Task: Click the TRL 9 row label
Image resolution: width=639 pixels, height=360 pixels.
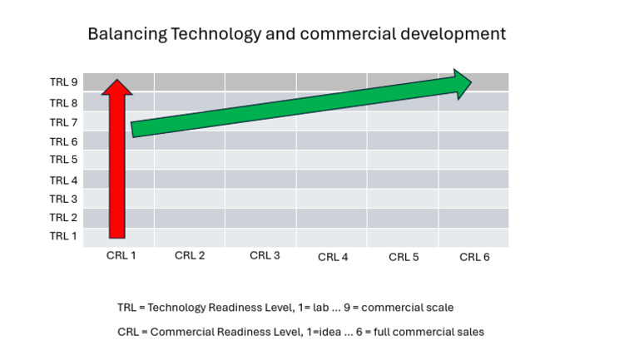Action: (x=63, y=82)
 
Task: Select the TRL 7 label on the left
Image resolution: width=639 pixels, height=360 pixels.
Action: (x=63, y=122)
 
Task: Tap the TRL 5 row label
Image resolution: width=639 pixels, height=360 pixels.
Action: (x=63, y=160)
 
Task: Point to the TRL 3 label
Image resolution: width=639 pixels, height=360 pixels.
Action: (x=63, y=199)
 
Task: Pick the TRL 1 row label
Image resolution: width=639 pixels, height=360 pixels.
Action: (x=63, y=236)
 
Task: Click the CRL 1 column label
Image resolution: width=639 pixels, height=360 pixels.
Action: (x=121, y=256)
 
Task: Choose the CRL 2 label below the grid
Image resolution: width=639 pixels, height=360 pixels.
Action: (x=190, y=256)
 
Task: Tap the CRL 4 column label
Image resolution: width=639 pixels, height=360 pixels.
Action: (x=333, y=257)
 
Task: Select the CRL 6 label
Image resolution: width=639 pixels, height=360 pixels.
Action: (x=474, y=257)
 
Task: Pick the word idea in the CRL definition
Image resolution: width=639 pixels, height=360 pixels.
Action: (x=335, y=332)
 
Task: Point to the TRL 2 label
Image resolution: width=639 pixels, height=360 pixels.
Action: (x=63, y=218)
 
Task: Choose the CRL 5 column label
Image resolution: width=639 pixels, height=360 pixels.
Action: (x=404, y=257)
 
